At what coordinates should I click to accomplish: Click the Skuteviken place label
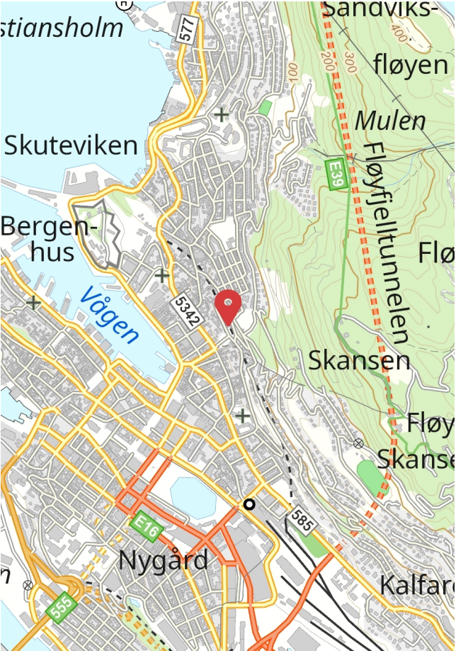pyautogui.click(x=71, y=145)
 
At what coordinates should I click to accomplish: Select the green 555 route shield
pyautogui.click(x=60, y=608)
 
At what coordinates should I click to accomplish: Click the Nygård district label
pyautogui.click(x=164, y=560)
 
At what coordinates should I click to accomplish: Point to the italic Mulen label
pyautogui.click(x=390, y=121)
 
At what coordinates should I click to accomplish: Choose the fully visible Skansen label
pyautogui.click(x=359, y=360)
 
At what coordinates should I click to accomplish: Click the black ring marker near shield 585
pyautogui.click(x=249, y=504)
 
